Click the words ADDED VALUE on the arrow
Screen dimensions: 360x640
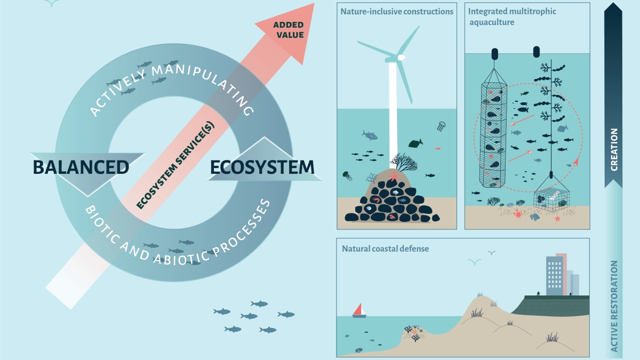tap(288, 30)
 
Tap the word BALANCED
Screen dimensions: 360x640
tap(81, 167)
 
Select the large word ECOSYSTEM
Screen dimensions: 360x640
tap(262, 167)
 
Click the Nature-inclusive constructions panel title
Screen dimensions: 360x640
tap(397, 11)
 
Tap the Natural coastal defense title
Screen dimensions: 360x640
tap(385, 249)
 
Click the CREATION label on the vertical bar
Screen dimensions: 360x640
tap(614, 149)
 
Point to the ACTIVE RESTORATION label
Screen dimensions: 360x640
tap(614, 306)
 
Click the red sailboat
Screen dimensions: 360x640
tap(359, 310)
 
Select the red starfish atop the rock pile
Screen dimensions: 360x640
tap(394, 175)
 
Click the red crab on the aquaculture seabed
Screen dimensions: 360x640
tap(517, 214)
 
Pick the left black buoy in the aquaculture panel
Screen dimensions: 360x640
tap(495, 54)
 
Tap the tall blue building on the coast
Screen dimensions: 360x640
tap(554, 276)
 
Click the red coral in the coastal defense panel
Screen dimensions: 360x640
tap(414, 332)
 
